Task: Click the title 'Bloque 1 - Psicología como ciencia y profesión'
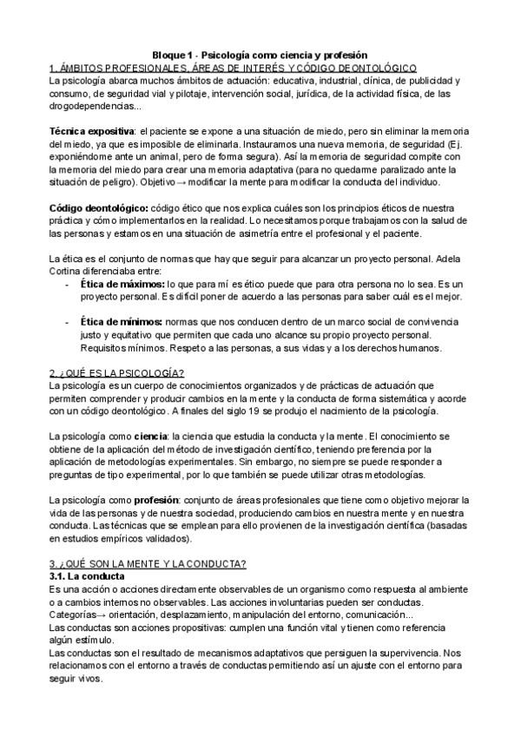(260, 54)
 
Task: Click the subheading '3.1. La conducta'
(88, 576)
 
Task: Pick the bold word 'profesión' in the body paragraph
(158, 500)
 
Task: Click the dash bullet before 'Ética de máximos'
(69, 284)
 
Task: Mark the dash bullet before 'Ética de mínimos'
(69, 322)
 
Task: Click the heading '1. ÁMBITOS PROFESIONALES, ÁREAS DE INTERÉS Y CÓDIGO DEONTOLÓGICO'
(235, 67)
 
